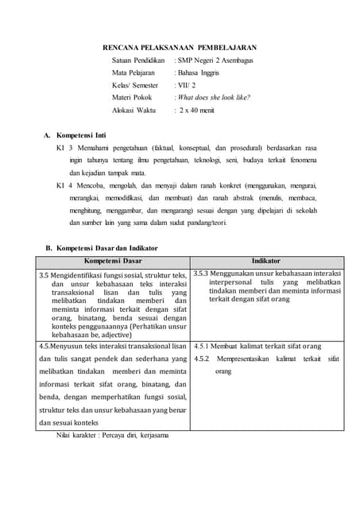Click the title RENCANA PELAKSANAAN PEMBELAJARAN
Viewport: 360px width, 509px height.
180,48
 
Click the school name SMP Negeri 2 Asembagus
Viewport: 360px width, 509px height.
215,60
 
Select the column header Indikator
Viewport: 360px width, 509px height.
266,261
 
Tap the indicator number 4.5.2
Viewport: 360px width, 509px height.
203,359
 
